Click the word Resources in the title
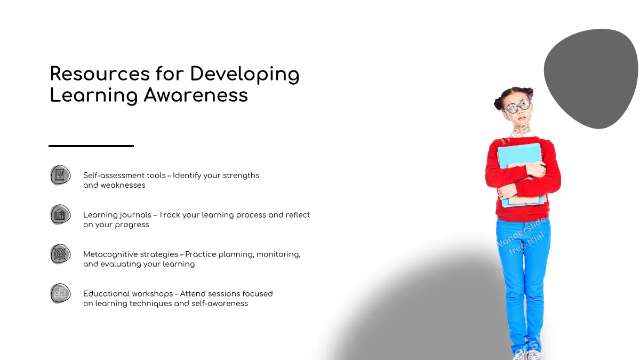click(100, 74)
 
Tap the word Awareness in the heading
click(196, 95)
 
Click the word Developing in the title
click(245, 75)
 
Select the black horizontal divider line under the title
click(91, 146)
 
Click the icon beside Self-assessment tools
click(60, 175)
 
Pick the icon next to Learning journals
click(60, 214)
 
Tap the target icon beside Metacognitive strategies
click(60, 254)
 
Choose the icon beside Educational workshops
click(60, 293)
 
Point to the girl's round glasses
click(517, 106)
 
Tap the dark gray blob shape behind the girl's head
click(591, 78)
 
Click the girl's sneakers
click(526, 355)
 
